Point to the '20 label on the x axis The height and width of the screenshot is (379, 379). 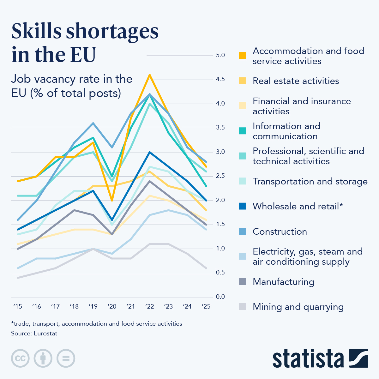112,306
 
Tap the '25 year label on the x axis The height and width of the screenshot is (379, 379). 206,306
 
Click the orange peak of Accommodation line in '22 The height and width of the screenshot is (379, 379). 149,75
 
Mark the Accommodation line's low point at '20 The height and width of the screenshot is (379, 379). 112,200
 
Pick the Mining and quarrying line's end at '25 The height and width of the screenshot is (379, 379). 206,268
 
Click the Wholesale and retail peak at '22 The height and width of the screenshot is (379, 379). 149,152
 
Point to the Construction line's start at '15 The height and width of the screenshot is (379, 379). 18,220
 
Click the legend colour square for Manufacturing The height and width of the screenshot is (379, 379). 242,282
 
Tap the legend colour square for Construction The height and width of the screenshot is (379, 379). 242,232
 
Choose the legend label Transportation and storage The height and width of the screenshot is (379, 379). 310,182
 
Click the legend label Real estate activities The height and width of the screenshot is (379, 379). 296,81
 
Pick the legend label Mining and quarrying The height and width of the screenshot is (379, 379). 298,307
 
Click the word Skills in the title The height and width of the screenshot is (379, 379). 37,32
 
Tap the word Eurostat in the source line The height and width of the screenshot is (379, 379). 45,334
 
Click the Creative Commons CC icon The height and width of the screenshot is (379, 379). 20,358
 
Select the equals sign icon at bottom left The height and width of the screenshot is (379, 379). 66,358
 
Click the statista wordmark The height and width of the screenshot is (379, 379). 308,358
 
